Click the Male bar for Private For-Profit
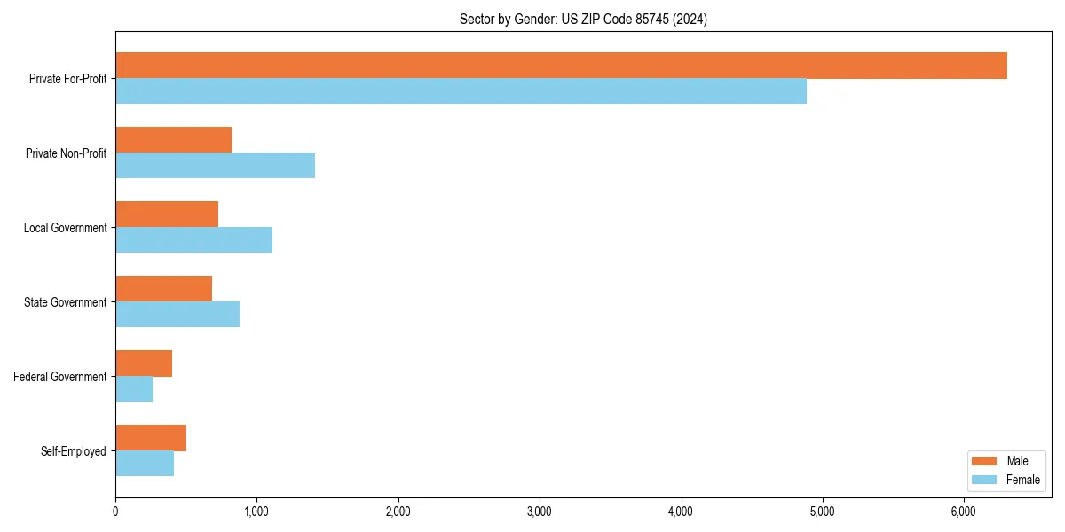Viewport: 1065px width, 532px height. [x=561, y=66]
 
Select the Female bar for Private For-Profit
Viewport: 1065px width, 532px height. [x=461, y=91]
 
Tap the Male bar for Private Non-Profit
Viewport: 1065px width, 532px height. [x=173, y=140]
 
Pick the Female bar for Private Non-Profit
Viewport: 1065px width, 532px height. [x=215, y=166]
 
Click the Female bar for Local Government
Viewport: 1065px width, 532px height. [x=193, y=240]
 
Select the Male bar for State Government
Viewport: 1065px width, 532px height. [x=163, y=289]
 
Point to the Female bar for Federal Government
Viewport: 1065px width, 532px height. [x=134, y=389]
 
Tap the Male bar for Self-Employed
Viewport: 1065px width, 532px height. [x=151, y=438]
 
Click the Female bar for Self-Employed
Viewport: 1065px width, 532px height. [x=145, y=464]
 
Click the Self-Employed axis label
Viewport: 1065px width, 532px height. [x=74, y=451]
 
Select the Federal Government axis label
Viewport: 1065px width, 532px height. [x=60, y=377]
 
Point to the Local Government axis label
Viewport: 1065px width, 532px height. [x=66, y=228]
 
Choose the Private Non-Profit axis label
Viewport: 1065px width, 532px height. [x=66, y=153]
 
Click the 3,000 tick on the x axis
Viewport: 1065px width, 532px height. [x=540, y=511]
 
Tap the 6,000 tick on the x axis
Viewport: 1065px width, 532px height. [x=964, y=511]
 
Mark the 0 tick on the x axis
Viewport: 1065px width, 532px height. [x=115, y=511]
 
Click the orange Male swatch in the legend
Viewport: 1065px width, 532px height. [x=985, y=461]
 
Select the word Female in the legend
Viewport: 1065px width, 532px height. [x=1023, y=480]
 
